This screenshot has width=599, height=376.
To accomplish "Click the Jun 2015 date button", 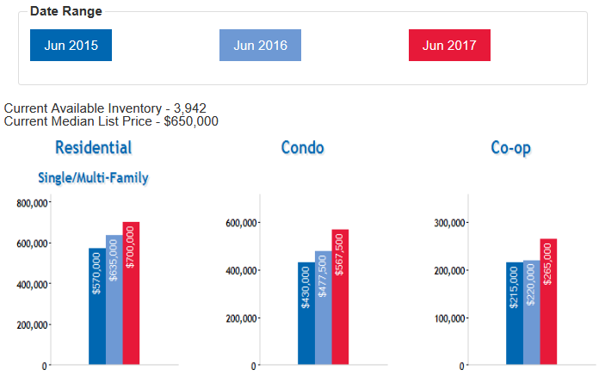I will pos(71,46).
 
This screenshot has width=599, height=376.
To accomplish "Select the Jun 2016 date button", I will pos(260,46).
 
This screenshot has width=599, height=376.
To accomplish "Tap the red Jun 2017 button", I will pos(449,46).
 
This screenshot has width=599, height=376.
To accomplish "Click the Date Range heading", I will pos(66,11).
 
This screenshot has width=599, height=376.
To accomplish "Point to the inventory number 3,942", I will pos(188,108).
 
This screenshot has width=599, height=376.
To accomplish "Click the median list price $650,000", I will pos(191,121).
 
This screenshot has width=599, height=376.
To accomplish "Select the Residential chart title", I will pos(93,147).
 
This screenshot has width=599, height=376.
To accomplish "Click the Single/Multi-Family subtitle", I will pos(93,178).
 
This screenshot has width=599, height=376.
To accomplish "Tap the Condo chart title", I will pos(302,147).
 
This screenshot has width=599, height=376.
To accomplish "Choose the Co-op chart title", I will pos(510,147).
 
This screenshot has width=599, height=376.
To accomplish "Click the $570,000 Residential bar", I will pos(96,306).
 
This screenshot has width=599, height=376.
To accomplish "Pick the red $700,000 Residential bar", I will pos(131,293).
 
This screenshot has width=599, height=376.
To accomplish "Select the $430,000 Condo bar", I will pos(306,313).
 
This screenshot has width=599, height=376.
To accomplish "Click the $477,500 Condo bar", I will pos(323,308).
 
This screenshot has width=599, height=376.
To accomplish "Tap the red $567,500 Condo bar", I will pos(340,297).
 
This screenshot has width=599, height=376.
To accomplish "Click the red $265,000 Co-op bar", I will pos(548,302).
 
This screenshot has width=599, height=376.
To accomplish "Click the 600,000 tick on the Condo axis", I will pos(240,223).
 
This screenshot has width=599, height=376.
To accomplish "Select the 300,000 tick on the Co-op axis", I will pos(448,223).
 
